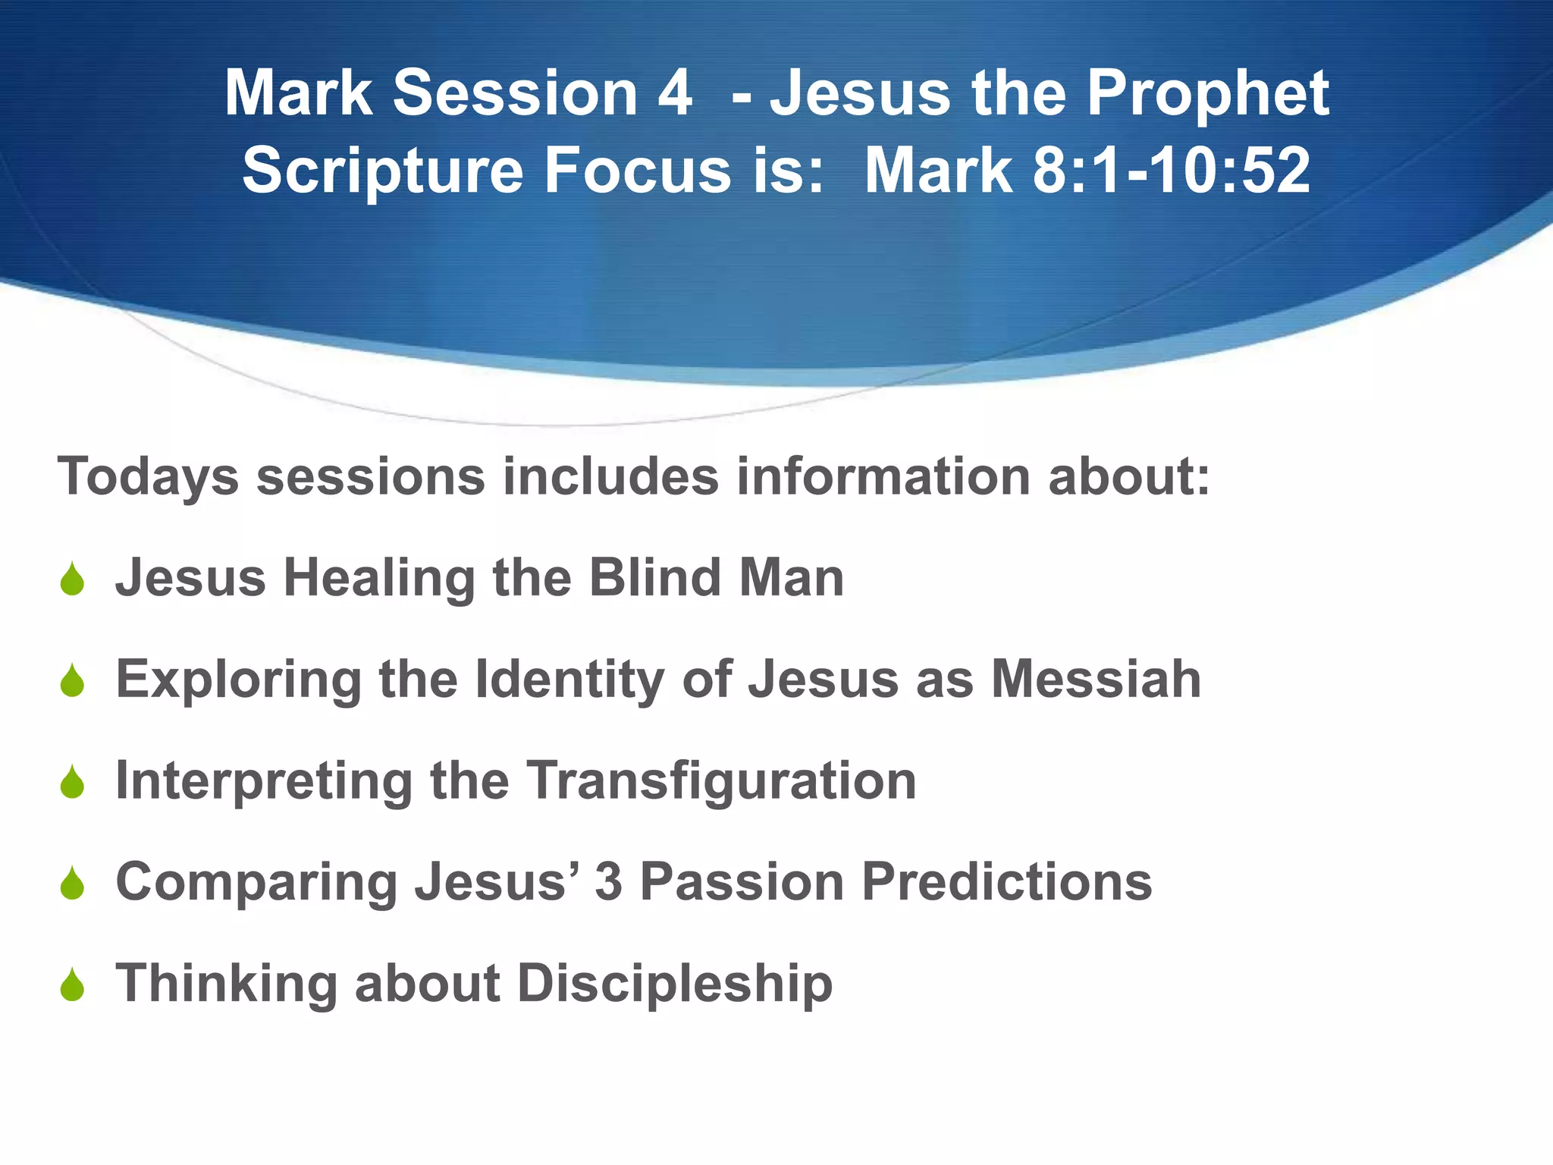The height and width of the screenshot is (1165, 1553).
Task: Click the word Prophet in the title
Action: point(1208,95)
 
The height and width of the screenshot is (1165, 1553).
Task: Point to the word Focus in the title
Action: point(638,171)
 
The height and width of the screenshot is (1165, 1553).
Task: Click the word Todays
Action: point(149,478)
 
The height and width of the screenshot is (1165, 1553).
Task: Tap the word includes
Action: point(610,476)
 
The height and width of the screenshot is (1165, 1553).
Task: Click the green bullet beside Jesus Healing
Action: point(72,580)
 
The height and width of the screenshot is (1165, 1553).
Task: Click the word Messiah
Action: point(1097,679)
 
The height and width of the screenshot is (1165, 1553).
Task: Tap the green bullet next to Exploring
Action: point(72,681)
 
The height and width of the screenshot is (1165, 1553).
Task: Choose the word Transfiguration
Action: point(721,780)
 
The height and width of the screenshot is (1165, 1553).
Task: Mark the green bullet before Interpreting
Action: point(72,783)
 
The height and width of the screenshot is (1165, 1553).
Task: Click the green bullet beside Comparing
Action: point(72,884)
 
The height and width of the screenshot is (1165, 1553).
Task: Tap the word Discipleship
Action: point(675,984)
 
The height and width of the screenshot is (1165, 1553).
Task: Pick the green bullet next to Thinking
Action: point(72,986)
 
